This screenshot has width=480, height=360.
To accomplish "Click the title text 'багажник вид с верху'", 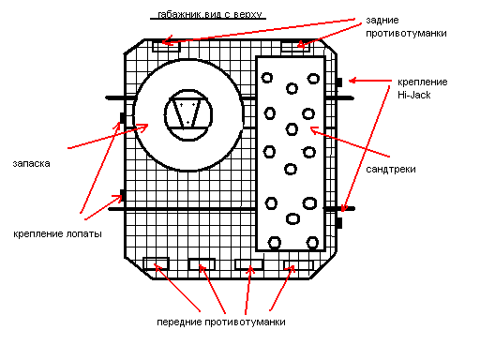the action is (210, 15).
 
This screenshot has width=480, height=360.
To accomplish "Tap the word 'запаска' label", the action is (31, 163).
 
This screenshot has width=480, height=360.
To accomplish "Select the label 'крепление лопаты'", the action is (57, 234).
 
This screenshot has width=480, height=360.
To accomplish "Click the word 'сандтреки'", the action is (391, 170).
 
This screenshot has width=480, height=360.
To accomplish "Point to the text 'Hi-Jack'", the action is (414, 95).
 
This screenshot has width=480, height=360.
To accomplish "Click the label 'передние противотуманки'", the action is (221, 322).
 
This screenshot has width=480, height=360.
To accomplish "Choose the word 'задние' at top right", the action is (382, 21).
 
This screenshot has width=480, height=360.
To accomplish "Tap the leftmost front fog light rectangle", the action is (156, 263).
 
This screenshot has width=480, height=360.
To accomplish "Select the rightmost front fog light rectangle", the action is (298, 265).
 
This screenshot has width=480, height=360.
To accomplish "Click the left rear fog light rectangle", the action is (166, 46).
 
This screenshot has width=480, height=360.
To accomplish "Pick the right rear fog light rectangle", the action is (295, 47).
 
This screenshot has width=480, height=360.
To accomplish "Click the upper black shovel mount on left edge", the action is (123, 118).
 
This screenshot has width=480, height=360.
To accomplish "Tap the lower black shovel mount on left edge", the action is (123, 195).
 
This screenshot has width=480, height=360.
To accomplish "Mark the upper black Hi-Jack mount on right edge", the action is (339, 82).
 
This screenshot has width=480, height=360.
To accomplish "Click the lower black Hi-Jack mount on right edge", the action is (339, 223).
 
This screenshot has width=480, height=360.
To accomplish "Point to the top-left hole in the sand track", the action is (267, 78).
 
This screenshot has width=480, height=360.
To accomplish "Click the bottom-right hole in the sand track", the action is (312, 243).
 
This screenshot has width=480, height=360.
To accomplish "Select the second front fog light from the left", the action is (202, 264).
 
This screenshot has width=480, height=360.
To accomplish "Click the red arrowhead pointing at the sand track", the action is (314, 130).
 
